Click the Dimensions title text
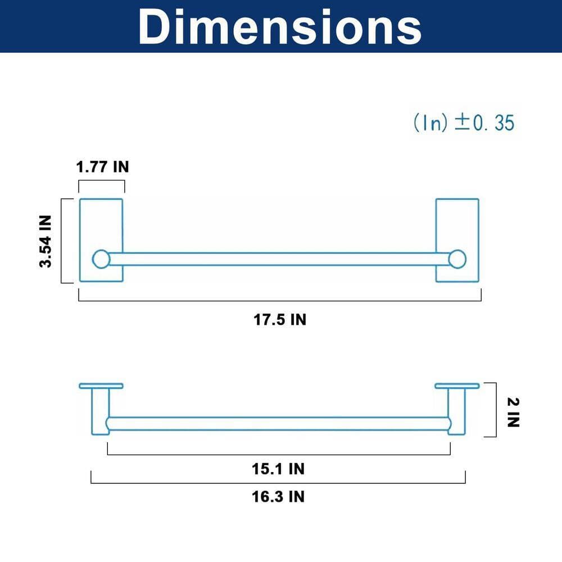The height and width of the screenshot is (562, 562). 280,27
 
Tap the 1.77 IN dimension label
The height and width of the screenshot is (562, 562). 102,167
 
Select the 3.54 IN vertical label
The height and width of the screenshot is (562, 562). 46,241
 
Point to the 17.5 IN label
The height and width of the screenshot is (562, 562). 280,319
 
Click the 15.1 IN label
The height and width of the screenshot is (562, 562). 278,469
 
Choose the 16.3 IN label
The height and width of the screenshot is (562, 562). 278,496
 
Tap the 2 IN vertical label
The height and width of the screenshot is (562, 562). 513,412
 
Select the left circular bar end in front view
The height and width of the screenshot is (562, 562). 101,259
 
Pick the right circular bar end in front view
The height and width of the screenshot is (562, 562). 457,259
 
